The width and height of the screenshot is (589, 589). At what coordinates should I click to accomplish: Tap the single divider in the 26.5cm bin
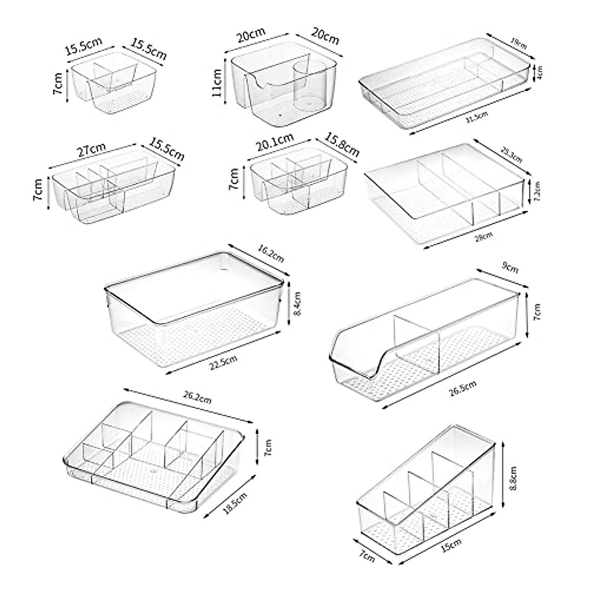click(415, 341)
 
